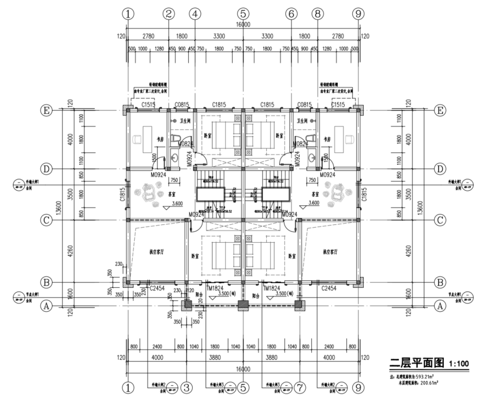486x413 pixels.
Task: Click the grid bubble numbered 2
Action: [169, 14]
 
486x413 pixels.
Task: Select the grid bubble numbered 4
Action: [195, 14]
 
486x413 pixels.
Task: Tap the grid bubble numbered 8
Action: [317, 14]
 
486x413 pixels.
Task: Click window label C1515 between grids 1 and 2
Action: [149, 104]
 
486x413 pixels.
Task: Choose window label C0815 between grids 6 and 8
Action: [305, 104]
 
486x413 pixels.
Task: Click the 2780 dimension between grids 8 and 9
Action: [337, 36]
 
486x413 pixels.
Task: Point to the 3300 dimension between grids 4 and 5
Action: [219, 36]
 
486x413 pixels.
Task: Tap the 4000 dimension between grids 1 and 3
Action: [157, 358]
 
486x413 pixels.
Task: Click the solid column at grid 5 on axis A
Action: [243, 305]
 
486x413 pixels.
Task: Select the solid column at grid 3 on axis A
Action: [186, 305]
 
